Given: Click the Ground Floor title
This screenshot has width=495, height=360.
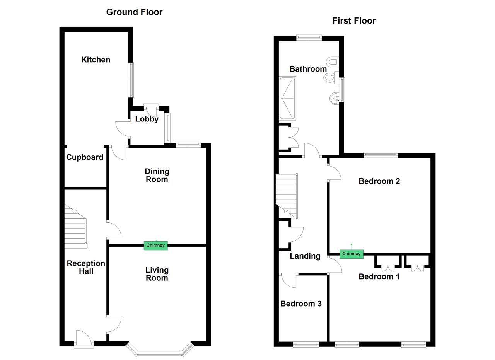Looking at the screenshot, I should (x=134, y=12).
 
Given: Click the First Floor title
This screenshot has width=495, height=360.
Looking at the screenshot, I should (x=354, y=21).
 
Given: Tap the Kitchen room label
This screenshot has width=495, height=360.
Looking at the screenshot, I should (x=96, y=60).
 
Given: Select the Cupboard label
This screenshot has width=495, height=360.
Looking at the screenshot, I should (x=85, y=157).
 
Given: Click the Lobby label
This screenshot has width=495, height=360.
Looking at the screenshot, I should (x=147, y=119).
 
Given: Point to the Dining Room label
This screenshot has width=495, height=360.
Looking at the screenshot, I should (x=157, y=175).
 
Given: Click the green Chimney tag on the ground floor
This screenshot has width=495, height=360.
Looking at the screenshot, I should (x=155, y=245).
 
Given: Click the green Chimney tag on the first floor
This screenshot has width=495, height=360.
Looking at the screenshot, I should (x=351, y=254).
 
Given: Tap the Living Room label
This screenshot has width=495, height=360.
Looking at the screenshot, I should (x=157, y=274).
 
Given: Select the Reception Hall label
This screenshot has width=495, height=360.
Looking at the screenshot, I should (x=86, y=267).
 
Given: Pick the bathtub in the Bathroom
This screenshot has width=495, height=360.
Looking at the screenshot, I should (x=287, y=98).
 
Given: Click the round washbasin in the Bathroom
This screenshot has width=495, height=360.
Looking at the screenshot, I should (x=334, y=99).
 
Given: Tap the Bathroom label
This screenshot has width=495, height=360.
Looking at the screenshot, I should (x=308, y=69).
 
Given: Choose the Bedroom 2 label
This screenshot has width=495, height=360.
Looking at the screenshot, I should (x=379, y=181).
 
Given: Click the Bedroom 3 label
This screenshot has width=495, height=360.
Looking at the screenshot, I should (x=301, y=304).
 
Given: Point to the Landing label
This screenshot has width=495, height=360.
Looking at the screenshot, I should (x=305, y=256).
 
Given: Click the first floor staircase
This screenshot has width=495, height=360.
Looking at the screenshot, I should (x=286, y=193).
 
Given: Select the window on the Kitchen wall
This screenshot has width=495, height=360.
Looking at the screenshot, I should (x=131, y=80).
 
